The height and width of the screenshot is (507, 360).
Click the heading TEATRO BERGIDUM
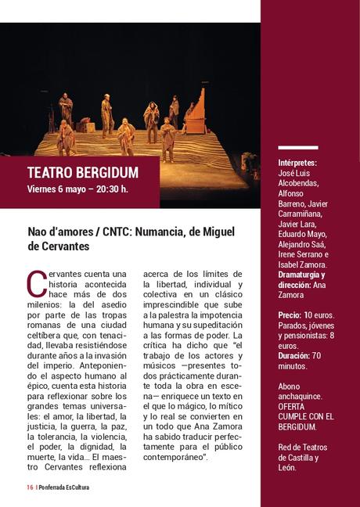pos(82,172)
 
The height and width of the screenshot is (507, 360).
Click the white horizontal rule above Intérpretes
pos(298,147)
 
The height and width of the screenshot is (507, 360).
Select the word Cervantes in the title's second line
pos(61,246)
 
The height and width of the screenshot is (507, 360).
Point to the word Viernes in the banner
pos(44,189)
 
